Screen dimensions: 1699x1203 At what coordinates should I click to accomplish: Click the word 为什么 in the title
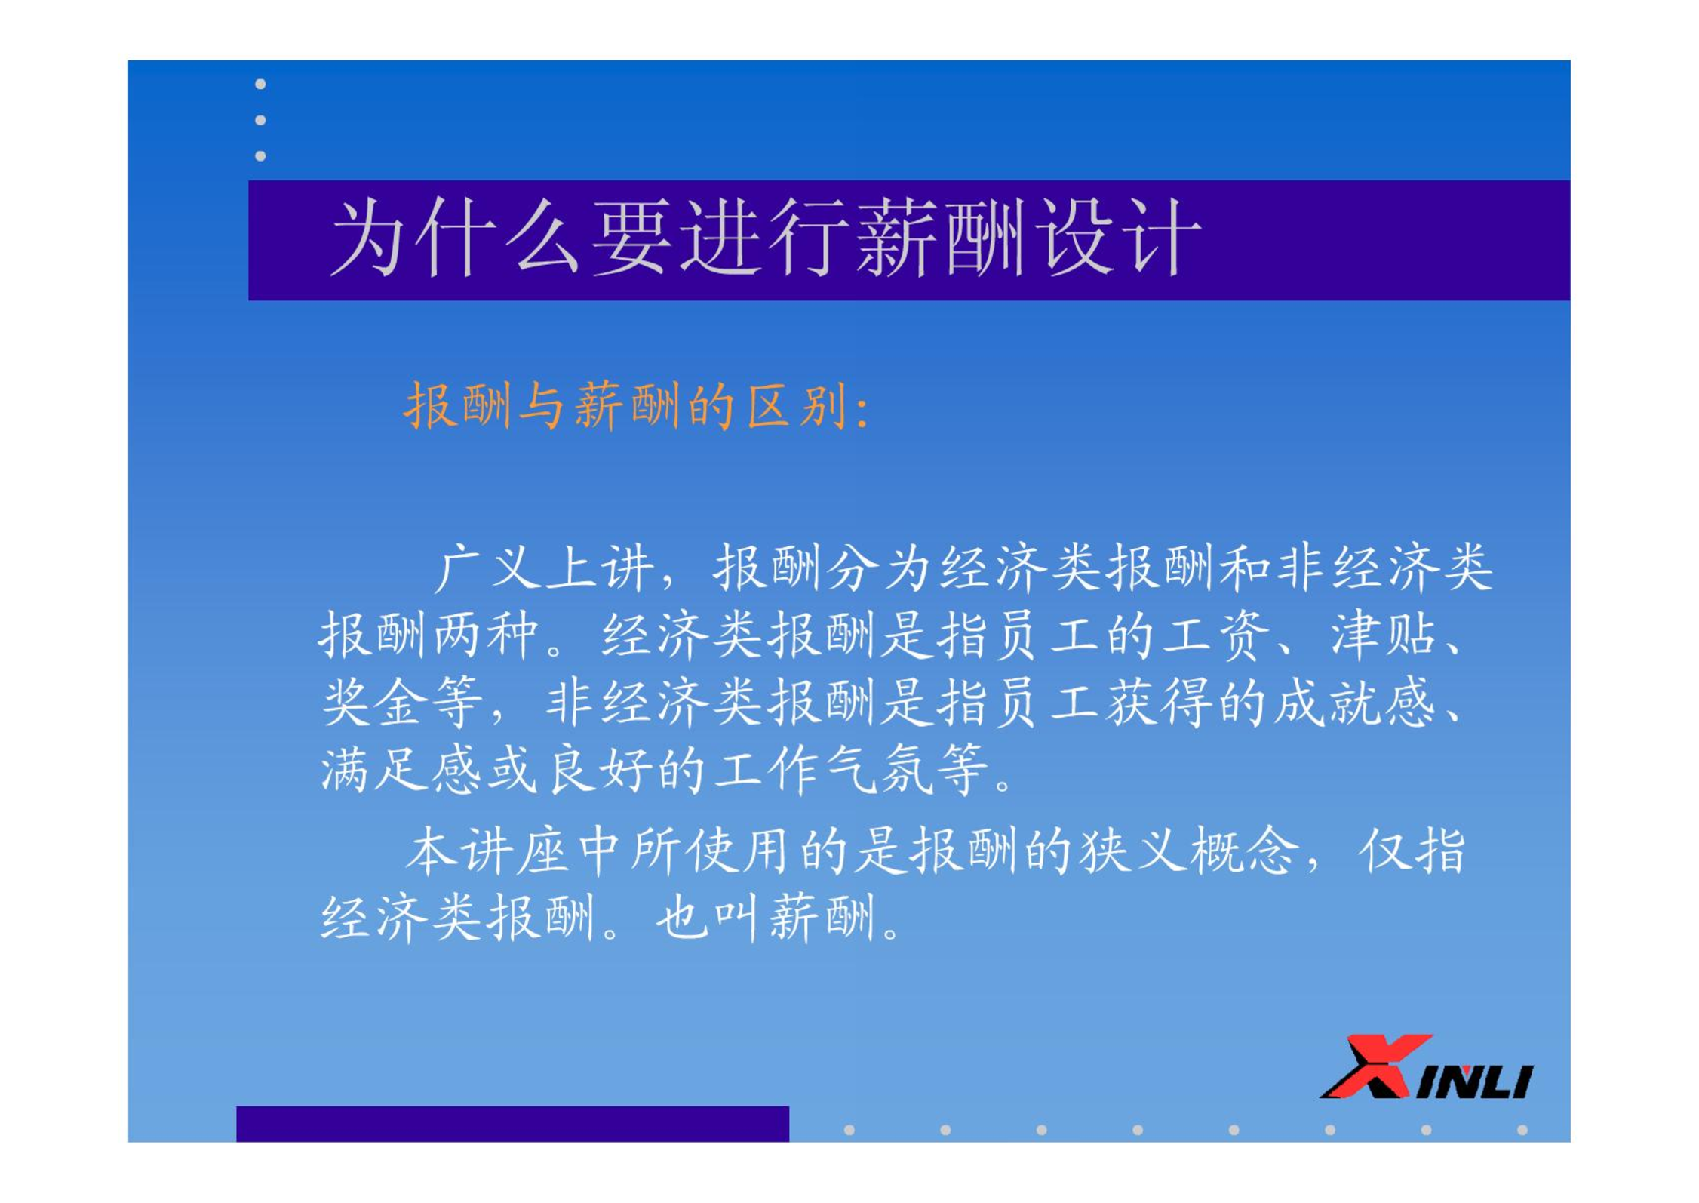(455, 238)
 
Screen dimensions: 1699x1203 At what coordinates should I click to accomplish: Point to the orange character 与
(541, 406)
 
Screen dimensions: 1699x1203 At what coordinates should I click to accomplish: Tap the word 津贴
(1382, 635)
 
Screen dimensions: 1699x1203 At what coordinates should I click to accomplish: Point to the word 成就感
(1355, 702)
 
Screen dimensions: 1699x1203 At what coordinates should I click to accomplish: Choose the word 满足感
(401, 769)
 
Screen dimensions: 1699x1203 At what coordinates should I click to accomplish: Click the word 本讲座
(487, 851)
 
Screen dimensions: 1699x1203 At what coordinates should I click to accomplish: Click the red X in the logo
(1375, 1066)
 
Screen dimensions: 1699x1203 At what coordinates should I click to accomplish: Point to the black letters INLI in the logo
(1474, 1081)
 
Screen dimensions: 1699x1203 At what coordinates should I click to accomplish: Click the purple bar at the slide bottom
(512, 1124)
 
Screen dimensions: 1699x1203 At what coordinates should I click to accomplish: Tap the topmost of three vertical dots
(260, 84)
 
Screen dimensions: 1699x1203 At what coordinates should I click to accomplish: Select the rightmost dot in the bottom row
(1522, 1130)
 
